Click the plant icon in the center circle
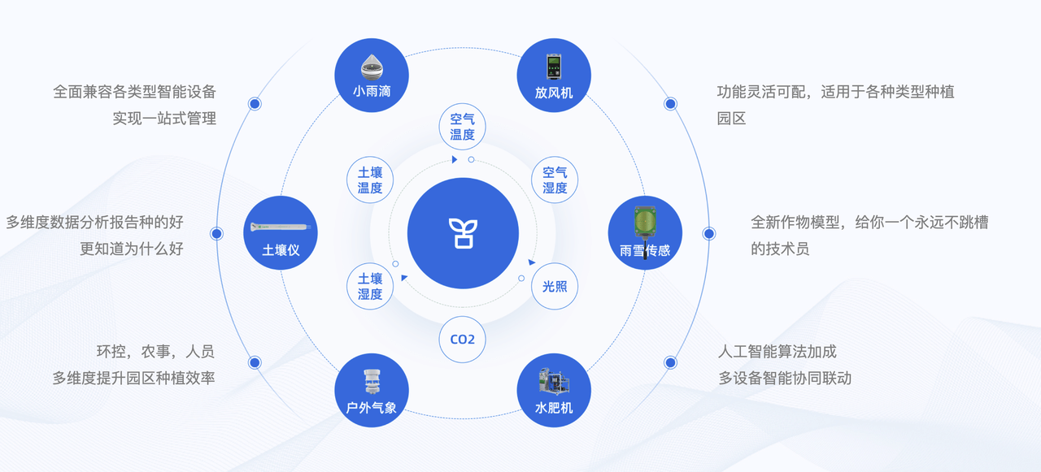pyautogui.click(x=463, y=233)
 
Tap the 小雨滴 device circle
pyautogui.click(x=372, y=76)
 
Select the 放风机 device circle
pyautogui.click(x=554, y=76)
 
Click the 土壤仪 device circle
pyautogui.click(x=281, y=232)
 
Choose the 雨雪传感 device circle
pyautogui.click(x=645, y=232)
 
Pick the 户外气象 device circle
pyautogui.click(x=372, y=390)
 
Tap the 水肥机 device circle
pyautogui.click(x=554, y=390)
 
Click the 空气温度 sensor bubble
pyautogui.click(x=463, y=127)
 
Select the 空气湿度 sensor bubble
pyautogui.click(x=555, y=180)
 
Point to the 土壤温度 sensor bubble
pyautogui.click(x=370, y=180)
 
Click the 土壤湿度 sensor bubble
pyautogui.click(x=370, y=286)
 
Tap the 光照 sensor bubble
pyautogui.click(x=555, y=286)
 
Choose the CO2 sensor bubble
pyautogui.click(x=463, y=340)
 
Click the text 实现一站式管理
pyautogui.click(x=164, y=119)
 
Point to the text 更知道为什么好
pyautogui.click(x=132, y=249)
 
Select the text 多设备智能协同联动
pyautogui.click(x=785, y=378)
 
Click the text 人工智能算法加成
pyautogui.click(x=777, y=351)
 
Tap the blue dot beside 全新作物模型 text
pyautogui.click(x=708, y=233)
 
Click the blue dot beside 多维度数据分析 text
pyautogui.click(x=216, y=233)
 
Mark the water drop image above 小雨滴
pyautogui.click(x=372, y=67)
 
